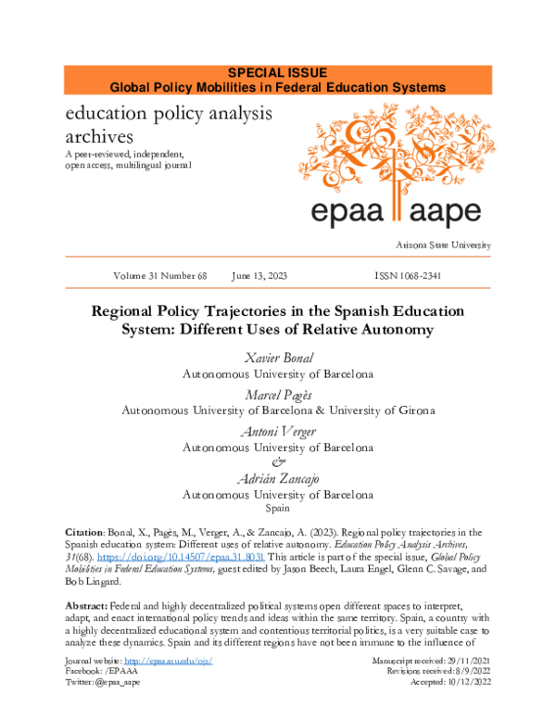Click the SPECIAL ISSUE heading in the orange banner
[277, 73]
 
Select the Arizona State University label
[442, 245]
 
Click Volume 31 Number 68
[159, 276]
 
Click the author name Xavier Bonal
[277, 359]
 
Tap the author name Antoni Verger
[277, 431]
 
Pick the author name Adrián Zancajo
[277, 478]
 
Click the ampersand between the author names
[277, 462]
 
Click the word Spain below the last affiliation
[277, 509]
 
